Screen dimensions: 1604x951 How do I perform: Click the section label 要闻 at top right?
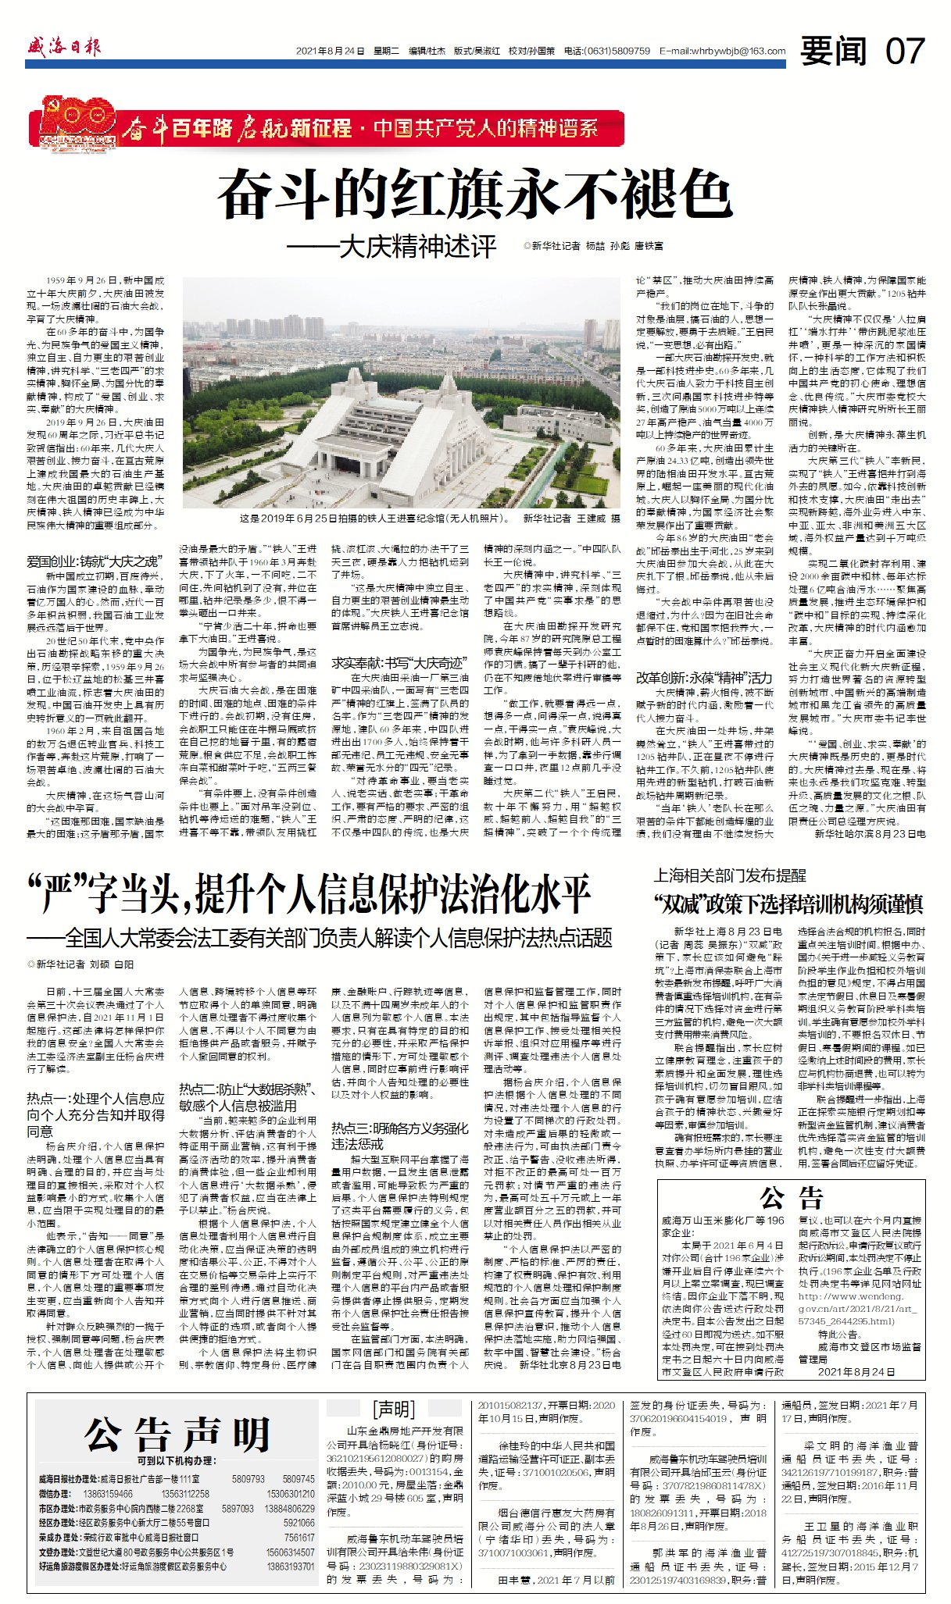pyautogui.click(x=833, y=51)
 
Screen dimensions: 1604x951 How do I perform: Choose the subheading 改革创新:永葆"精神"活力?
pyautogui.click(x=703, y=677)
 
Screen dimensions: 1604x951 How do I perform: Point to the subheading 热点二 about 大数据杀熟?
pyautogui.click(x=247, y=1096)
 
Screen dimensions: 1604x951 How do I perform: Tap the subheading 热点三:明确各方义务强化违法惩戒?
pyautogui.click(x=399, y=1135)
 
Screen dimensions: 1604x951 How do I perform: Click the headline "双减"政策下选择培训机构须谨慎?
pyautogui.click(x=788, y=904)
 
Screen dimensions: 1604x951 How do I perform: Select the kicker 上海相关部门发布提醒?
pyautogui.click(x=729, y=875)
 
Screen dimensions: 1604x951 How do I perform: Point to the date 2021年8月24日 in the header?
pyautogui.click(x=330, y=52)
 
